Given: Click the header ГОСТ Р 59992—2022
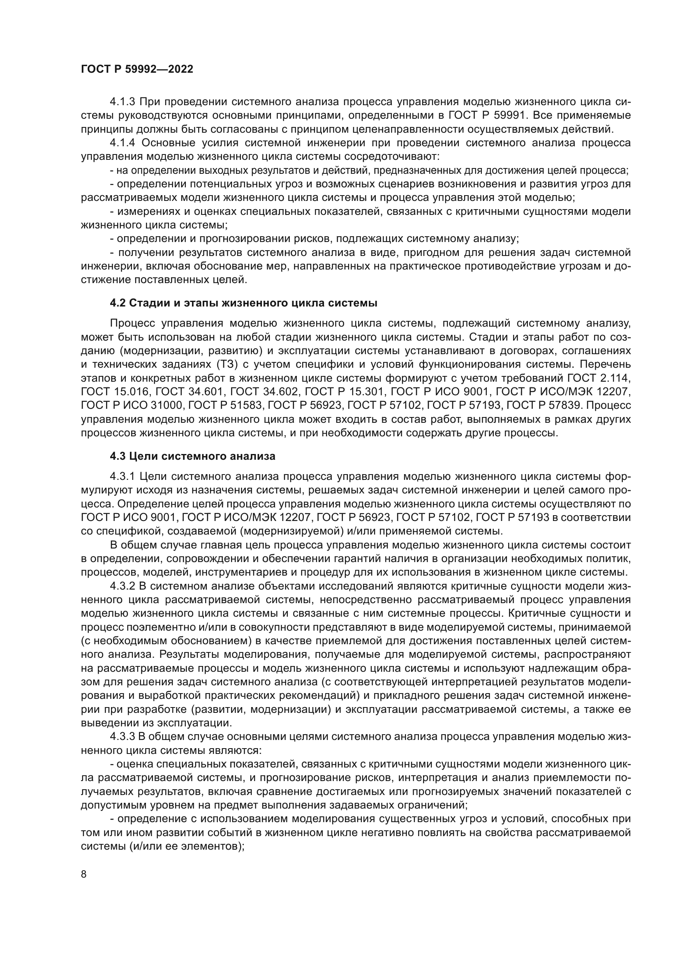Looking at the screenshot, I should pos(137,69).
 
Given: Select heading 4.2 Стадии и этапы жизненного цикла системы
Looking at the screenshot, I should pos(243,303).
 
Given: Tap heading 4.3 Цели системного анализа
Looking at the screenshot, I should pos(192,456).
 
